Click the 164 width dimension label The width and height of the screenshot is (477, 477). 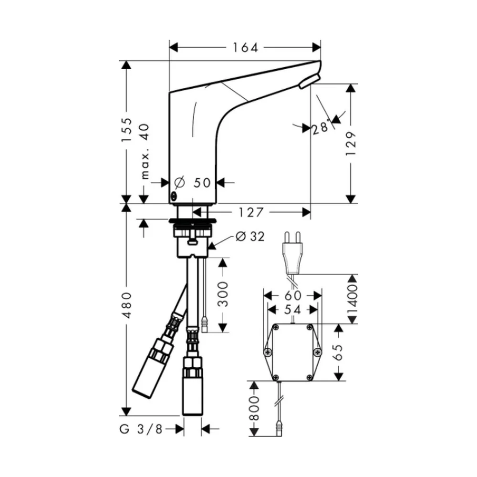[x=245, y=48]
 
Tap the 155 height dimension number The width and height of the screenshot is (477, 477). [x=127, y=130]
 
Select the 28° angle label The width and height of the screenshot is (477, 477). [x=321, y=127]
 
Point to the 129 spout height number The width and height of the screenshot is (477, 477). [x=351, y=144]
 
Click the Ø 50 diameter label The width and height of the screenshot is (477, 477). [x=193, y=183]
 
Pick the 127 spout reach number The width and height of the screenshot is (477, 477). [x=251, y=212]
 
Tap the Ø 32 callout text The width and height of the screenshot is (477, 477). [x=250, y=237]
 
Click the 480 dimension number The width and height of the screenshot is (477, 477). [x=127, y=305]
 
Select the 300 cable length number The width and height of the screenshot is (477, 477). [x=223, y=294]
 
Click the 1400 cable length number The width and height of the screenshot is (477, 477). [x=353, y=300]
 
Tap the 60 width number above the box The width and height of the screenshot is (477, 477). [x=293, y=295]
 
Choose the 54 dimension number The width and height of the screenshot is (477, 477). [x=292, y=310]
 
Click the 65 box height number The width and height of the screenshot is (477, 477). [x=338, y=353]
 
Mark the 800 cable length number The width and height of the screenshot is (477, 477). [x=254, y=408]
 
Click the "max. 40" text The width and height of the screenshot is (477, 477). [x=145, y=151]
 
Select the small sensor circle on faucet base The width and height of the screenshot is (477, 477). [x=174, y=196]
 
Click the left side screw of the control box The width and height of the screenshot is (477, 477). [x=268, y=353]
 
